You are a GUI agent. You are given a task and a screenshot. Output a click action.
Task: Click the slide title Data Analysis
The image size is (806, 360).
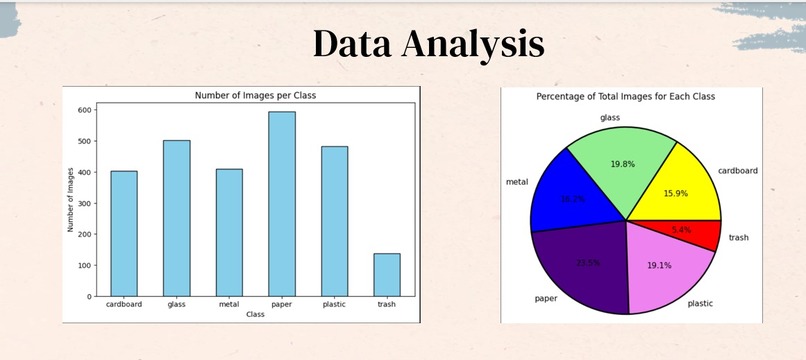[x=429, y=45]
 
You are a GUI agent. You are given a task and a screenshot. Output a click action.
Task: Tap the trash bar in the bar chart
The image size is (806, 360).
[x=387, y=275]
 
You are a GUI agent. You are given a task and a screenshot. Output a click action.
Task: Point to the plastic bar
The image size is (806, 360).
[x=334, y=221]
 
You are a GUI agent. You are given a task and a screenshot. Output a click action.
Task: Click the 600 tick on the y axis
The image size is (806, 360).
[x=86, y=110]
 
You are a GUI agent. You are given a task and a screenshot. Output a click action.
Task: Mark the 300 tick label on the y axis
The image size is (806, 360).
[x=86, y=203]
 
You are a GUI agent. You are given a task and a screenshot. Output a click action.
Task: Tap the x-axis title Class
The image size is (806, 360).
[x=255, y=314]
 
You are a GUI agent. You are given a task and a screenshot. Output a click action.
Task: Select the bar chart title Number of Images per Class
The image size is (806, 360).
[x=255, y=95]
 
